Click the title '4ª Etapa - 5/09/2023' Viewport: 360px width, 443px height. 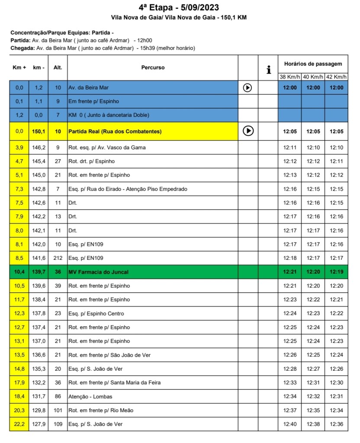pos(179,8)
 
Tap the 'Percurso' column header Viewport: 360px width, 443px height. pos(153,68)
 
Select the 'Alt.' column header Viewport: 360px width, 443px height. pos(58,68)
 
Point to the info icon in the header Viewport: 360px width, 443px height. pos(269,69)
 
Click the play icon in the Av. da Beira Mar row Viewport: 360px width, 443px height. pos(247,87)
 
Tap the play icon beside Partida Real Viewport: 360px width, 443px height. pos(248,131)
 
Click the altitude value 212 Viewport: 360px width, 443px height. pos(58,258)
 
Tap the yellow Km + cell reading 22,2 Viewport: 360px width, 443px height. pos(19,424)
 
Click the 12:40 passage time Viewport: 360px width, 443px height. pos(290,424)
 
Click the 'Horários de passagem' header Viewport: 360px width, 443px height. pos(313,64)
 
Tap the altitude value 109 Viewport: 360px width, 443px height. pos(58,424)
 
